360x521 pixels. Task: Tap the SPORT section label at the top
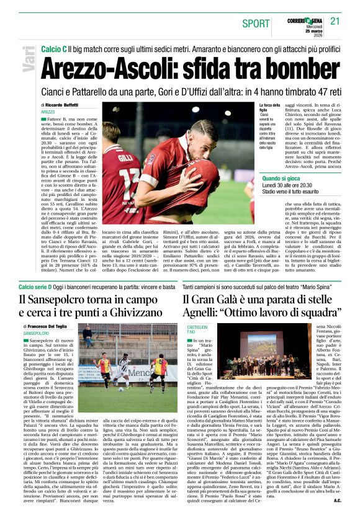coord(256,23)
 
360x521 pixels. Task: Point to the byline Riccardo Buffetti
coord(70,105)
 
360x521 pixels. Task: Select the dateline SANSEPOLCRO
coord(37,332)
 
